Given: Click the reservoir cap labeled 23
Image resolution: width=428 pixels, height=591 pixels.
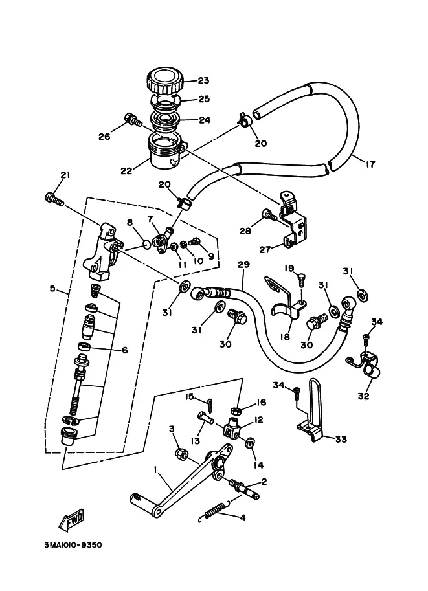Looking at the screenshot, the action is click(164, 80).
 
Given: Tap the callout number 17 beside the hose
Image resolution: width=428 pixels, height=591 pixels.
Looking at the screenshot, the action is click(370, 164).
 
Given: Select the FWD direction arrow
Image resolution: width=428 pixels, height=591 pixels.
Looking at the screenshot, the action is click(71, 520).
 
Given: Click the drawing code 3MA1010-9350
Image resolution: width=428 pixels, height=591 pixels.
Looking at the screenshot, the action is click(73, 546).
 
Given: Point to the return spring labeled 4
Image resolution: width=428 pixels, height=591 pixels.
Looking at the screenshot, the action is click(214, 511).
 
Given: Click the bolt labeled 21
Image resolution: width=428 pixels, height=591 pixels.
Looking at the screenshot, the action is click(54, 199).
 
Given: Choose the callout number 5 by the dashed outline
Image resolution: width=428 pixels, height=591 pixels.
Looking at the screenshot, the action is click(52, 289).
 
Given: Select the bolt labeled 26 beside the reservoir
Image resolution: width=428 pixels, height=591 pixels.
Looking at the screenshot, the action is click(133, 119).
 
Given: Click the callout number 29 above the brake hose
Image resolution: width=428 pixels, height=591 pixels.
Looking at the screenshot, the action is click(243, 265).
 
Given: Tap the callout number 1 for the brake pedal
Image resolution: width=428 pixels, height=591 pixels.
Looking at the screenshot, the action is click(155, 469).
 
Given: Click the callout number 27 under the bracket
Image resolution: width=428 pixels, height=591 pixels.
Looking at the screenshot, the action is click(265, 249).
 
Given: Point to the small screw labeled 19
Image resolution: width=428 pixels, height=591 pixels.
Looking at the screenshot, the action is click(302, 280).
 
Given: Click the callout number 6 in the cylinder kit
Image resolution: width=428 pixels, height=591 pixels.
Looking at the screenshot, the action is click(124, 350).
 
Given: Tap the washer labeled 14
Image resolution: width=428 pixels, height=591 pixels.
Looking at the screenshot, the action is click(250, 443).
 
